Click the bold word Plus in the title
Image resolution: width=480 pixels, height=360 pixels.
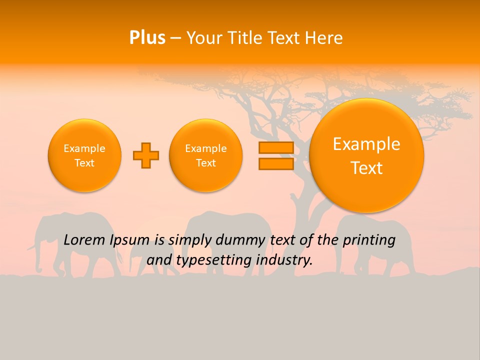pos(147,38)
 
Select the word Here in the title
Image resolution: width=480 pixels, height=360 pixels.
pos(325,38)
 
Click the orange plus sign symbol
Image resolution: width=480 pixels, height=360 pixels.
pos(145,155)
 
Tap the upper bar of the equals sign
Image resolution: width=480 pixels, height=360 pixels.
pos(276,147)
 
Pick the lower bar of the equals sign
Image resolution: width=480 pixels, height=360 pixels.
pos(276,163)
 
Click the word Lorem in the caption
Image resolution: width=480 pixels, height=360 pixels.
pos(83,240)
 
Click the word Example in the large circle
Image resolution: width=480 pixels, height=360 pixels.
pos(366,144)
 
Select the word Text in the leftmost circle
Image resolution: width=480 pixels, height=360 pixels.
pos(84,163)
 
